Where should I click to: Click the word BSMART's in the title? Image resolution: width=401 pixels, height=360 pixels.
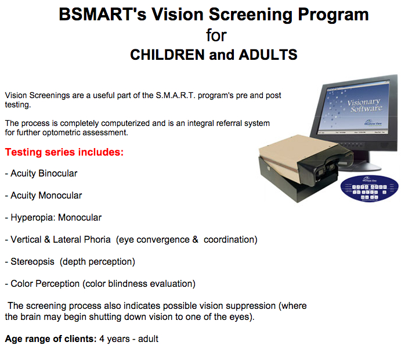[103, 15]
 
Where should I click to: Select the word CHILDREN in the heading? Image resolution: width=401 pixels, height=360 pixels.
[168, 55]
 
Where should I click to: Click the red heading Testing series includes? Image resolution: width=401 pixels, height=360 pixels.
[64, 152]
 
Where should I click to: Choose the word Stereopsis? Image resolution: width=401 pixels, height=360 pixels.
[32, 262]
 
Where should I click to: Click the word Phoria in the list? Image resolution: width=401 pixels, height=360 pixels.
[97, 240]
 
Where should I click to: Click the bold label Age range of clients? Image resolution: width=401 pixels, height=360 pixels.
[50, 339]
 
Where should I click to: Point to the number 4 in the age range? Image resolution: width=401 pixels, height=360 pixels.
[102, 339]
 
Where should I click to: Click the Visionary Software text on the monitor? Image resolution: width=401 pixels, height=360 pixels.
[365, 106]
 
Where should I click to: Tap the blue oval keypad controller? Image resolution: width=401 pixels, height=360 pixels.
[369, 188]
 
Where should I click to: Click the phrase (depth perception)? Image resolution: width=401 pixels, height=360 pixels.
[97, 262]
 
